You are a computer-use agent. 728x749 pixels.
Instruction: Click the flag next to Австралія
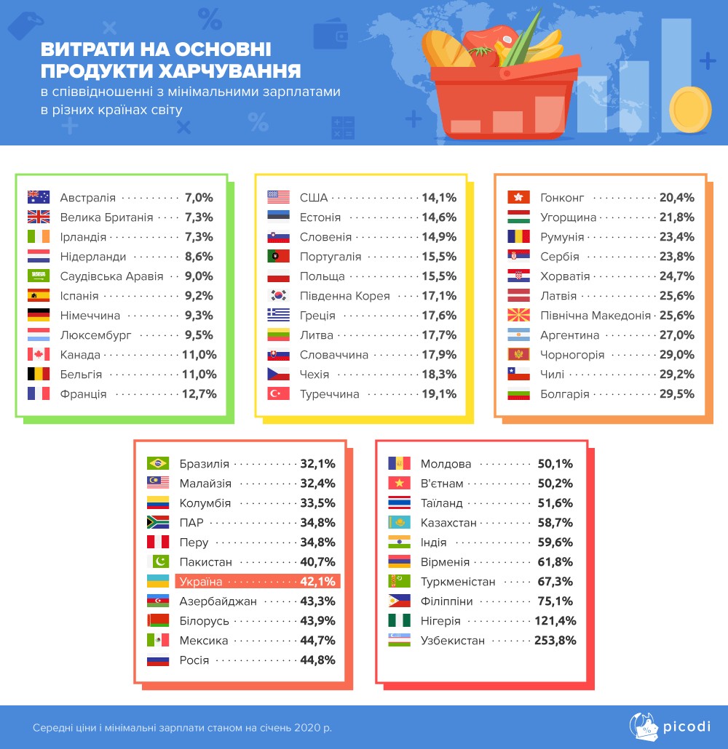click(38, 197)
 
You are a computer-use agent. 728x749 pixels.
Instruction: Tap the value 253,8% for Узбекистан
click(557, 641)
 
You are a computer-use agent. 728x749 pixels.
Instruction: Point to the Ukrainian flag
click(158, 581)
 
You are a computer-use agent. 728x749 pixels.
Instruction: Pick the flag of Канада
click(38, 355)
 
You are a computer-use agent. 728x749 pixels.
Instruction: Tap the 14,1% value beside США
click(439, 197)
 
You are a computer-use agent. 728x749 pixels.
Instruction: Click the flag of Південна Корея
click(279, 296)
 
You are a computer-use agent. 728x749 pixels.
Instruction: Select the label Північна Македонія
click(596, 316)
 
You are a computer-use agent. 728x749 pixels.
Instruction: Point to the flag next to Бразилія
click(158, 463)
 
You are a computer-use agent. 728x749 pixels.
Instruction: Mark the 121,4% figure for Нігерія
click(557, 621)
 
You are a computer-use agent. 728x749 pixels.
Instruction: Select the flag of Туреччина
click(279, 394)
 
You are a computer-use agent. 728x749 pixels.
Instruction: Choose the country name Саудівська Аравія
click(111, 276)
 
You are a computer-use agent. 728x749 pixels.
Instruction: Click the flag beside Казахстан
click(399, 523)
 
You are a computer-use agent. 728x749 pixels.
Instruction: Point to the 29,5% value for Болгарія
click(677, 394)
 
